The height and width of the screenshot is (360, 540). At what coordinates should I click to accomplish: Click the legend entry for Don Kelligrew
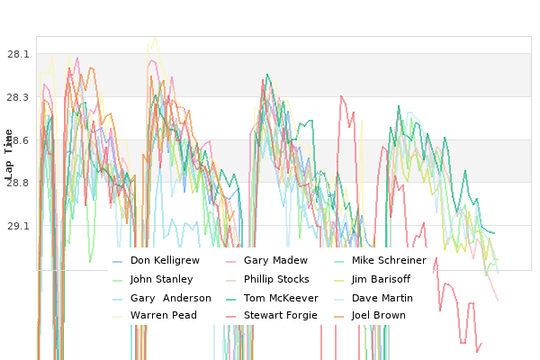165,260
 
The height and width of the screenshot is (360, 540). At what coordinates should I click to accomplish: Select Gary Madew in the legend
275,260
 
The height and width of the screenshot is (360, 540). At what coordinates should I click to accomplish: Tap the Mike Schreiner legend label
389,260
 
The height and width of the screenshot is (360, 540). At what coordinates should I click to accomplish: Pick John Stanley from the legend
161,279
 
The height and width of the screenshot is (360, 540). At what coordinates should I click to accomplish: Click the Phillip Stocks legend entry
276,279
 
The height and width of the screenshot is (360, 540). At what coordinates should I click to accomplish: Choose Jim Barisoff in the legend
381,279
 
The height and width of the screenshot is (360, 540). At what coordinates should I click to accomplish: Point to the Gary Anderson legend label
171,298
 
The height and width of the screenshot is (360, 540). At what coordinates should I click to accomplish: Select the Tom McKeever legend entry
281,298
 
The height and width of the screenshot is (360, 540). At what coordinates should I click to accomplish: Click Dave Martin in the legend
382,298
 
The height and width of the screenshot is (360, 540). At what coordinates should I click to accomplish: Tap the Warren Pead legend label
164,316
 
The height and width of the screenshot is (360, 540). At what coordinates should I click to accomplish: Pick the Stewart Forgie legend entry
281,316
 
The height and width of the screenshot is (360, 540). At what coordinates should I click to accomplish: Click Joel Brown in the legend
379,316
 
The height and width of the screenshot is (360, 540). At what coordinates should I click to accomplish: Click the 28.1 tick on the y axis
18,54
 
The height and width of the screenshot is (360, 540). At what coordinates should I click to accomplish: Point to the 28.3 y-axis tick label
18,97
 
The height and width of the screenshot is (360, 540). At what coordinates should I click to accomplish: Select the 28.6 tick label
18,140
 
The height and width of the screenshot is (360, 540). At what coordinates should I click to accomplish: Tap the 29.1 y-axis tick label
18,226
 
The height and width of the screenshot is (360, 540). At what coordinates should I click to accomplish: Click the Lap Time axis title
8,154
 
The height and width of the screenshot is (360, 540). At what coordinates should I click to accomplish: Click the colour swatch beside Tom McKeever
230,300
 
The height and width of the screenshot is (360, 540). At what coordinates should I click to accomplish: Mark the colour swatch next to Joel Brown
339,317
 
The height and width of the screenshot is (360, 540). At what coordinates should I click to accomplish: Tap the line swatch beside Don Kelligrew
117,262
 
